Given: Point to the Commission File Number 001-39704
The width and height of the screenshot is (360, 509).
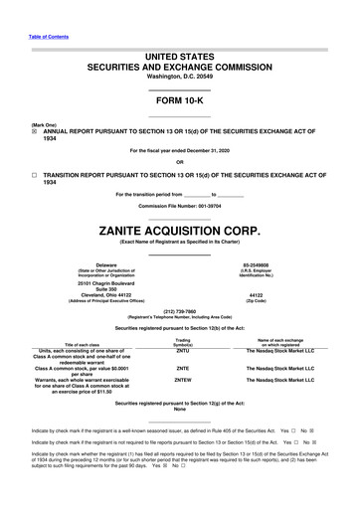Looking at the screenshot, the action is [180, 206].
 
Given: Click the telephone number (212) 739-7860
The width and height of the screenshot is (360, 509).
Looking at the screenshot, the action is [180, 308].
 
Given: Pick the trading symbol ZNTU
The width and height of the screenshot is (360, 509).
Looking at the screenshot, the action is [182, 350].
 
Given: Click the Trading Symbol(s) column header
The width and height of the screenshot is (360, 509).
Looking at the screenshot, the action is [182, 341].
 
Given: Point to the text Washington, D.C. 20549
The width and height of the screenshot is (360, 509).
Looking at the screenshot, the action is [180, 76].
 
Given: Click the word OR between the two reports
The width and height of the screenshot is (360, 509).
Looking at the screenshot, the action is [180, 162].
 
